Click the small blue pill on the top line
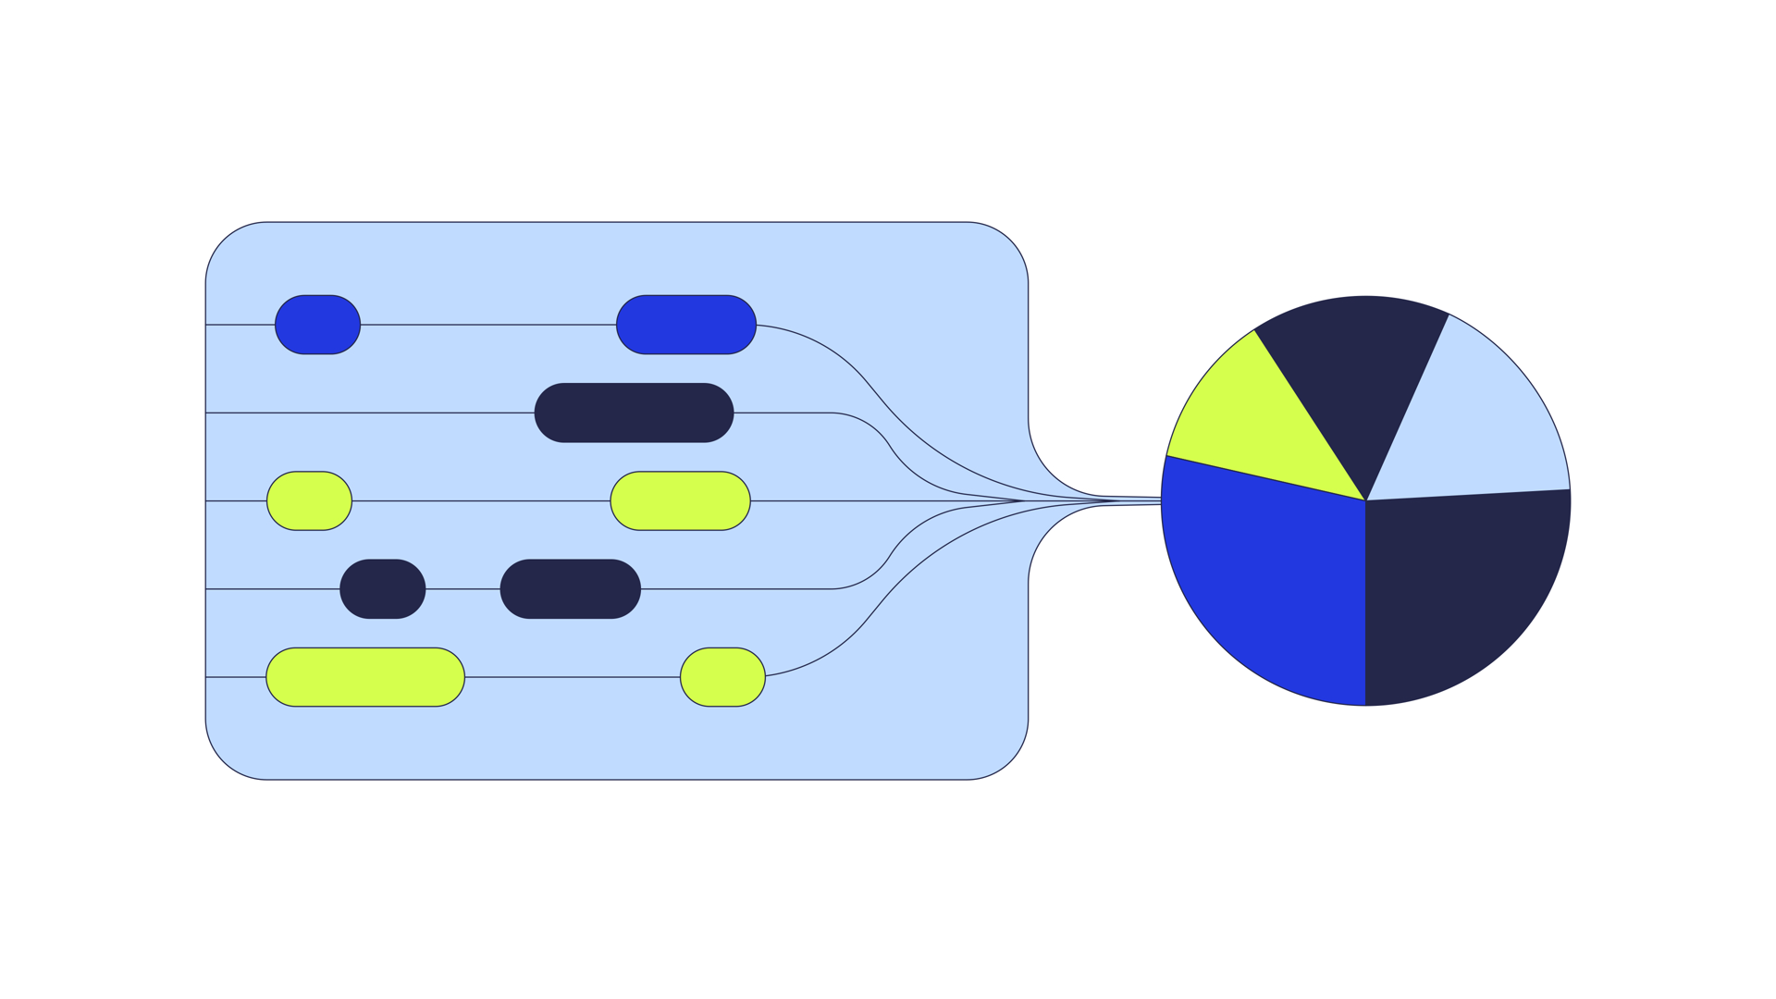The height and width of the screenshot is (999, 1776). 317,325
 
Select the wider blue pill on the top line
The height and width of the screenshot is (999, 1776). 686,325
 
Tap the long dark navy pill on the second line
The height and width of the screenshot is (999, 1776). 634,413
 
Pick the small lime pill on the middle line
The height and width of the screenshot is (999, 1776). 309,500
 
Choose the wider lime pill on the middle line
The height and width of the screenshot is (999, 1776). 680,500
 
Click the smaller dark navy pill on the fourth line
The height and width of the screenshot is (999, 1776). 382,588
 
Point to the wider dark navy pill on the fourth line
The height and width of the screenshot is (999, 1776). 570,588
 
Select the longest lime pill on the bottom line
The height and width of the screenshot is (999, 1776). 364,677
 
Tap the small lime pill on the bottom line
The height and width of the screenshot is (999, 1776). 722,677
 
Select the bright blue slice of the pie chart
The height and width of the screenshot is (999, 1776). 1267,592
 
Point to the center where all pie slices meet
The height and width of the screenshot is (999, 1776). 1365,500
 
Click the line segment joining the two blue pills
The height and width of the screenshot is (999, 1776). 488,325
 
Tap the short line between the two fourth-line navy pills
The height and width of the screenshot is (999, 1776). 462,588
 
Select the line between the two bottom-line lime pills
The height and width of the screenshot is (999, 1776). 572,677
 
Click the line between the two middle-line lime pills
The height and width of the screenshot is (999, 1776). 481,500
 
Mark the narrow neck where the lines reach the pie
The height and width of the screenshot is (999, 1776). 1133,500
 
